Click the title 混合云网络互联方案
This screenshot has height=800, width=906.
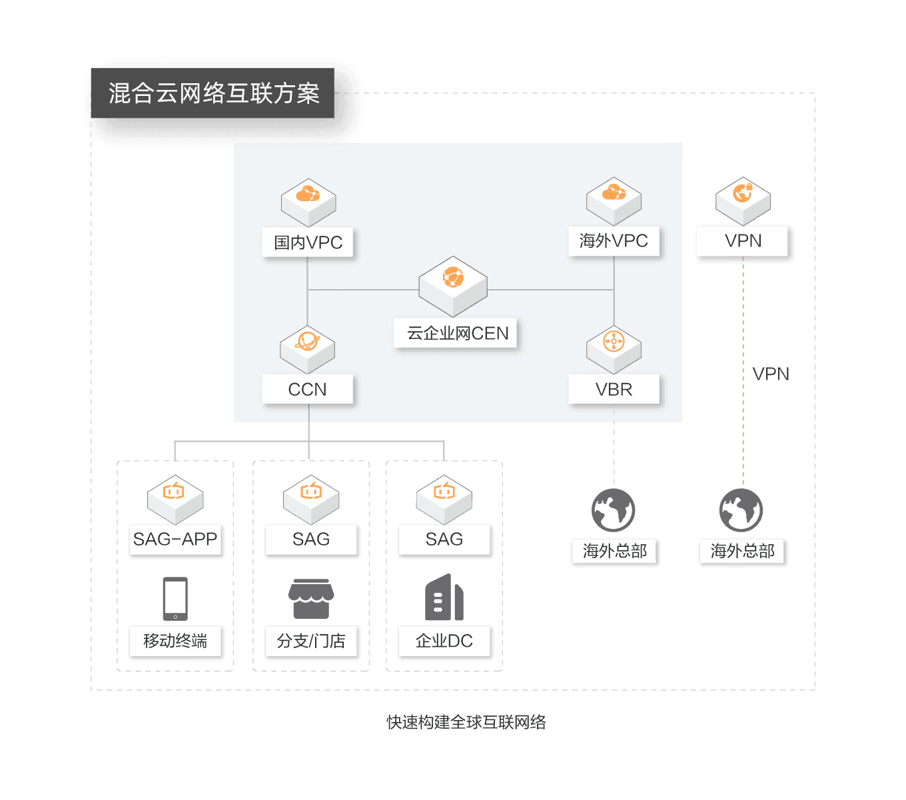[213, 93]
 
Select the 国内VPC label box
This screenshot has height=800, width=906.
[308, 242]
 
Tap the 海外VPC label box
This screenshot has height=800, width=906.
[614, 241]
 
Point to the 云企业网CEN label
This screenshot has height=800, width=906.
[458, 333]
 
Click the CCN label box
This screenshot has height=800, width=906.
[307, 389]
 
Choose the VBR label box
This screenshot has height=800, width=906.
[614, 389]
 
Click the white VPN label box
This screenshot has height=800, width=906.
[743, 241]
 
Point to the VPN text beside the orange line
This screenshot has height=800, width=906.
[770, 374]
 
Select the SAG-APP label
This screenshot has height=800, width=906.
[175, 540]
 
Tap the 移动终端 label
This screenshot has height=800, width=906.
[175, 641]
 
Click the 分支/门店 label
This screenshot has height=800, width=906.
[311, 641]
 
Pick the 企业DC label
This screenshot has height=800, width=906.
[444, 641]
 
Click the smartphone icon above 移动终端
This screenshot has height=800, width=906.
[175, 598]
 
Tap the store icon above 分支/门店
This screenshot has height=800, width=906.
[311, 598]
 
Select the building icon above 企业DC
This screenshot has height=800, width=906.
[444, 598]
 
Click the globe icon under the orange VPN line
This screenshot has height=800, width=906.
[741, 510]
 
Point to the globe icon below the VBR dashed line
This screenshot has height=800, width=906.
[614, 510]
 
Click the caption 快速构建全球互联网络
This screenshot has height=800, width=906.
[466, 722]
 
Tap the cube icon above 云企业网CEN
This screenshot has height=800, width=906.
[453, 285]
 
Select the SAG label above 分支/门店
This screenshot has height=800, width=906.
[311, 540]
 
